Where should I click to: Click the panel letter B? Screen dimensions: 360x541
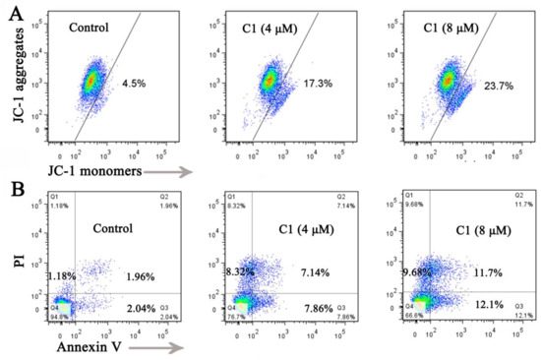(x=11, y=184)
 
